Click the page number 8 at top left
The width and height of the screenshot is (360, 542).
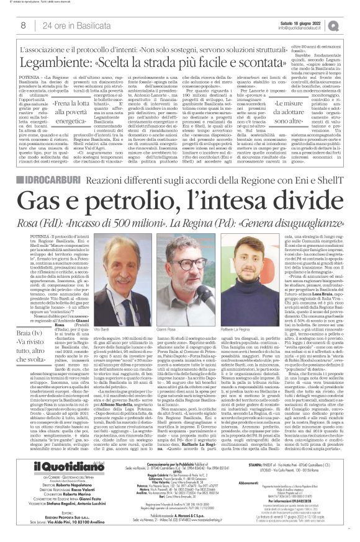click(x=23, y=25)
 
